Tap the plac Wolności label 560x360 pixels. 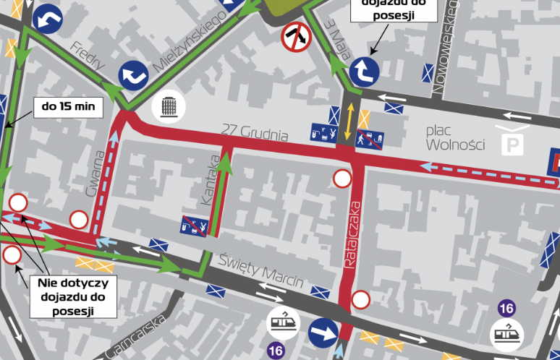coord(455,137)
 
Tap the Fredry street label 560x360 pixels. coord(85,56)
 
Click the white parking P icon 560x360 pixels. coord(513,142)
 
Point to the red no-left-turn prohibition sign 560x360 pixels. coord(296,37)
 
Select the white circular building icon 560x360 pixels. coord(169,108)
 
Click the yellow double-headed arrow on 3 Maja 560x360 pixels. coord(349,121)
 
